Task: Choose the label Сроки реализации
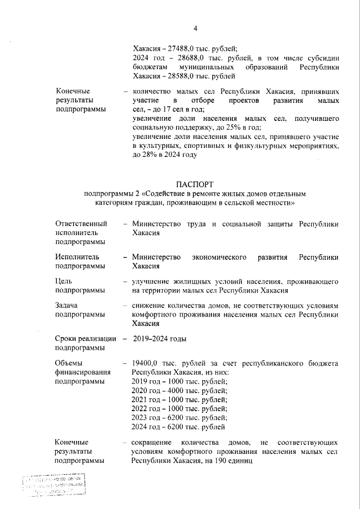point(85,339)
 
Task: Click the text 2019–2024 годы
point(160,339)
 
